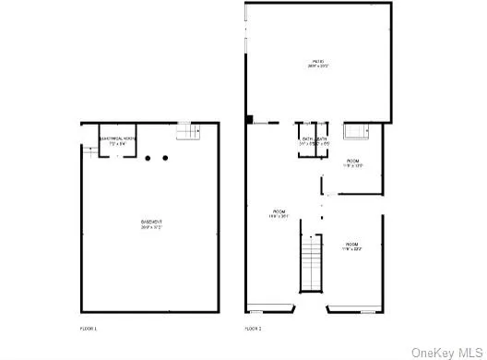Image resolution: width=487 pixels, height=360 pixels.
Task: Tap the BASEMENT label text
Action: coord(152,222)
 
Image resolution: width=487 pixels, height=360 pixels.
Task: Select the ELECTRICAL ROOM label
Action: coord(116,138)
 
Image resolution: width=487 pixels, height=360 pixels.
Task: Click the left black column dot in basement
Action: coord(148,158)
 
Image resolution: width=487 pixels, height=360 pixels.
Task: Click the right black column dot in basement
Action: coord(165,158)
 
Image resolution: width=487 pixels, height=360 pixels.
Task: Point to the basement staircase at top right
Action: coord(188,133)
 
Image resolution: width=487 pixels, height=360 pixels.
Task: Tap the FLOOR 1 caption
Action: coord(89,329)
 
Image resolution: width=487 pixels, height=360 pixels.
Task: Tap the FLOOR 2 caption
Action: coord(254,329)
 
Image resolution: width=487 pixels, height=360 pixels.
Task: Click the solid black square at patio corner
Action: coord(250,119)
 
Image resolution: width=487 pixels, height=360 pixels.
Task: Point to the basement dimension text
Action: coord(152,228)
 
